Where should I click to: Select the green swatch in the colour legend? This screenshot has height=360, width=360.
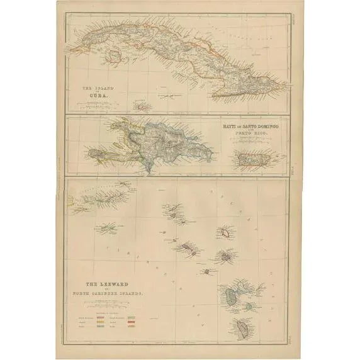click(133, 313)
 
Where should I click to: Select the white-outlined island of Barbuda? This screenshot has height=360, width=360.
click(223, 232)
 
